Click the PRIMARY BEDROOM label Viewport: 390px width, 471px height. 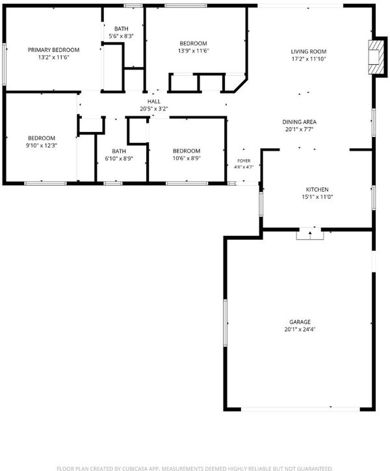click(53, 50)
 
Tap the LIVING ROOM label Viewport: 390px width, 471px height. click(309, 52)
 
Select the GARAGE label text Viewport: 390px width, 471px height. click(300, 322)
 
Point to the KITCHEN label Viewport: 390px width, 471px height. click(317, 190)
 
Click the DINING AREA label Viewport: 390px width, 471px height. click(299, 122)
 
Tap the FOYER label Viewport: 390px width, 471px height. click(244, 161)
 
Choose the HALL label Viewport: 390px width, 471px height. click(154, 101)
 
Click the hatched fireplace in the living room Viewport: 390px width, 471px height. click(376, 57)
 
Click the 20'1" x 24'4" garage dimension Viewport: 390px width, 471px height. click(300, 329)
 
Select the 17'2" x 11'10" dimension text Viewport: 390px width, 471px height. click(309, 59)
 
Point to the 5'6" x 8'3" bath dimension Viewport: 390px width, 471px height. click(121, 36)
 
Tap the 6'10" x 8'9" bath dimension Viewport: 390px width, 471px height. click(119, 159)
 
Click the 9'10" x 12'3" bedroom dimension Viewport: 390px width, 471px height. click(42, 146)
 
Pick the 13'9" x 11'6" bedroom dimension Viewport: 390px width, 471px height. click(193, 51)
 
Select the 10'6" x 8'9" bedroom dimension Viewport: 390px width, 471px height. click(187, 159)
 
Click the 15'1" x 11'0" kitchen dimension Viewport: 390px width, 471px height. click(317, 197)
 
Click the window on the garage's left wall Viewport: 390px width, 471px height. click(225, 323)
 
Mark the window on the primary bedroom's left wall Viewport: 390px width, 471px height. click(4, 64)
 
